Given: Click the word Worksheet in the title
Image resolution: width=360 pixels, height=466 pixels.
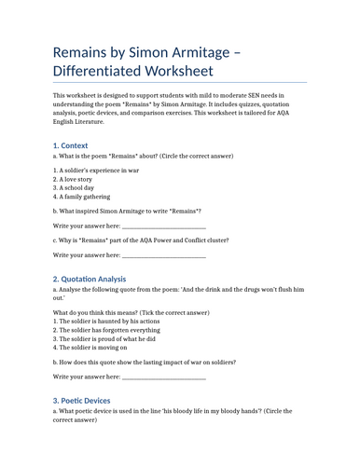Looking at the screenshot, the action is click(176, 71).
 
